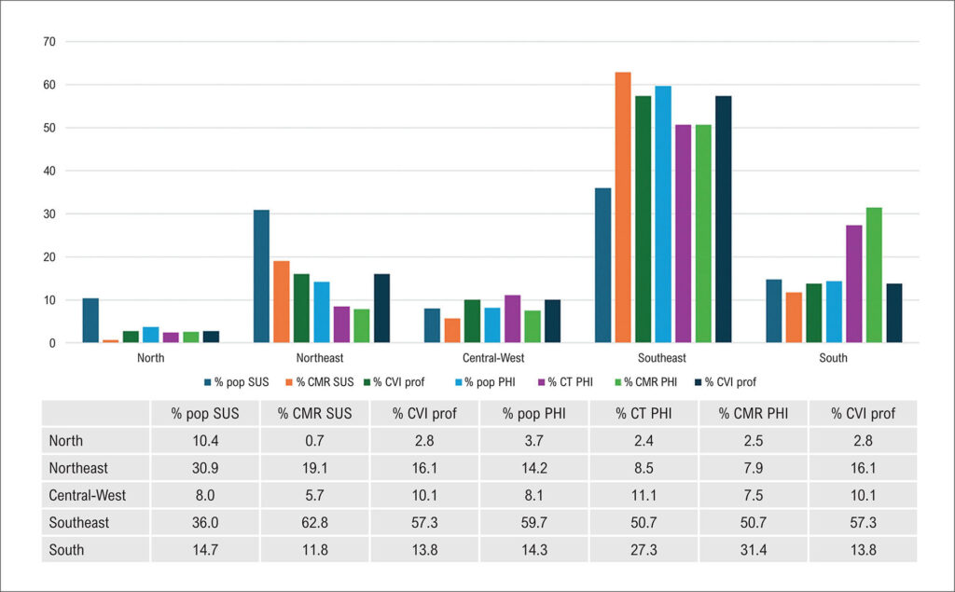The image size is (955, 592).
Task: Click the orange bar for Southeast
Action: point(623,207)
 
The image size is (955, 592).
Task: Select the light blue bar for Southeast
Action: point(663,213)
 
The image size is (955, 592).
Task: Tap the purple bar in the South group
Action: point(854,283)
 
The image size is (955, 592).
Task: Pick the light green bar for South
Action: point(874,275)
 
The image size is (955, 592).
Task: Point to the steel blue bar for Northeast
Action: point(261,276)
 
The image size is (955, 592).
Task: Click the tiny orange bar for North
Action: point(111,341)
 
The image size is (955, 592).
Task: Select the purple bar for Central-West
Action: point(513,319)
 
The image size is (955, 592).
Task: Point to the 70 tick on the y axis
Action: point(49,41)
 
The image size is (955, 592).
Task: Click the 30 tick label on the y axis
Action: point(49,213)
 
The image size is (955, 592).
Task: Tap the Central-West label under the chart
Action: point(493,357)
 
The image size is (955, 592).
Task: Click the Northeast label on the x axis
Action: point(320,357)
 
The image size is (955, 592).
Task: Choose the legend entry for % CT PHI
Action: point(566,382)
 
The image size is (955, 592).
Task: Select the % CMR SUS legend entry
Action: point(320,382)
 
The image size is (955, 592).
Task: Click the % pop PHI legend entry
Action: point(485,382)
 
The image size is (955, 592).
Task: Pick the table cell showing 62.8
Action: point(315,523)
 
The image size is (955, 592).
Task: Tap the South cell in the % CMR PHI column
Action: point(754,550)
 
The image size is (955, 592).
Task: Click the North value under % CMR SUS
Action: point(315,440)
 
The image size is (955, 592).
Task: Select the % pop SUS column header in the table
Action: point(205,414)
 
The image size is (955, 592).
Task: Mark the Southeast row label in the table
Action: point(79,523)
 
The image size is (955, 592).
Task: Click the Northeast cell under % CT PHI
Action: point(644,468)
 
